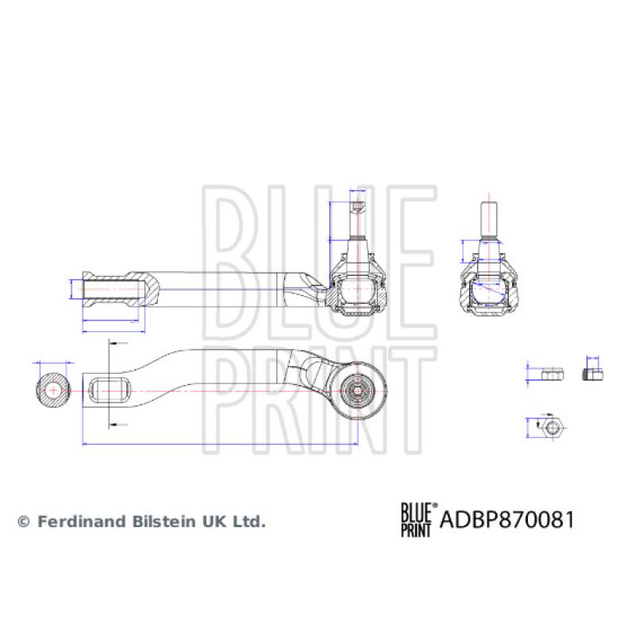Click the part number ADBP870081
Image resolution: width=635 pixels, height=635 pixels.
pos(506,520)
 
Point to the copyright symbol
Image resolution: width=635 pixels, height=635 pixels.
pos(23,522)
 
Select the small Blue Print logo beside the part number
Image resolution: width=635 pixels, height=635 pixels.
pos(415,520)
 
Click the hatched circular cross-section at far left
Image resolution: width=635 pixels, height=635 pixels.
pos(54,390)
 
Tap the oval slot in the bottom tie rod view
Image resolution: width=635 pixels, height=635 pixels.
pos(110,389)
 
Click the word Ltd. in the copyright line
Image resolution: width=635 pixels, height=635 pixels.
pos(252,521)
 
